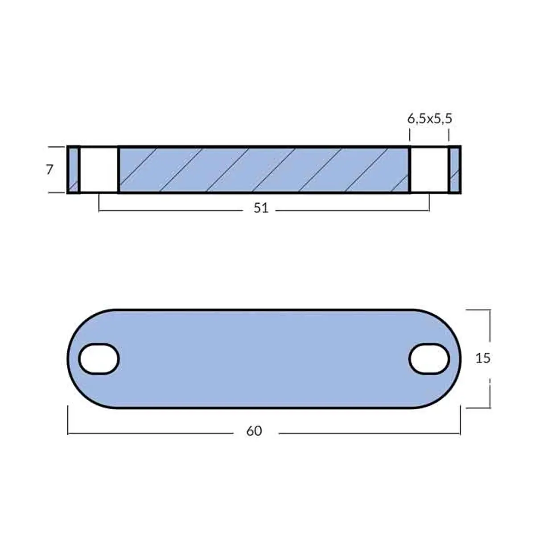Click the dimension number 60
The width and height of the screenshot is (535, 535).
pos(254,431)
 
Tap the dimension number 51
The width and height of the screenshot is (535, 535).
pos(261,208)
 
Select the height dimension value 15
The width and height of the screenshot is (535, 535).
pos(482,358)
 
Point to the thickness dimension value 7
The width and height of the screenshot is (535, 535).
pos(49,170)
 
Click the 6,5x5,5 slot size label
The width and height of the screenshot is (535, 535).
pos(430,119)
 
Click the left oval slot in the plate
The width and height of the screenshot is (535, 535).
pos(99,359)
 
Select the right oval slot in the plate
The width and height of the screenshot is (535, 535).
pos(429,359)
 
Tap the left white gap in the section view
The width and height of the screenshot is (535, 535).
pos(99,170)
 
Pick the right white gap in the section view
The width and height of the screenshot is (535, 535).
pos(429,170)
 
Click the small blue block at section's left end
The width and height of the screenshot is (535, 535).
pos(73,170)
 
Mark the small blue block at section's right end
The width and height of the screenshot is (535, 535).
pos(454,170)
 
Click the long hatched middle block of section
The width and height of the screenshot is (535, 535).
pos(263,170)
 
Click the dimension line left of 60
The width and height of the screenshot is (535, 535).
pos(152,433)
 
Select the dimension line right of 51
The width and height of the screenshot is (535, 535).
pos(352,210)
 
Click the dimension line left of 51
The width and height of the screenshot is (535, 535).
pos(174,210)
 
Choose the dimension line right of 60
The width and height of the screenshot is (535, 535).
pos(370,433)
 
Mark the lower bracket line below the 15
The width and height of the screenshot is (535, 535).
pos(490,395)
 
